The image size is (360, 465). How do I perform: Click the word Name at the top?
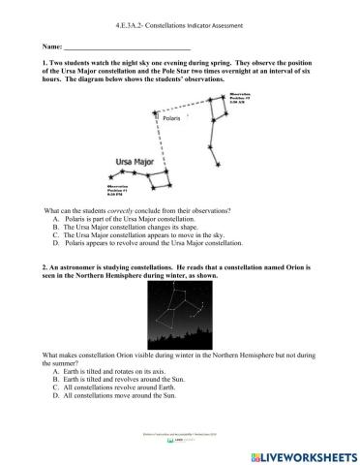(51, 46)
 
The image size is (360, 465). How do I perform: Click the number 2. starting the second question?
(45, 264)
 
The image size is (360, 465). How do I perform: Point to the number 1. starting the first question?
(45, 61)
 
